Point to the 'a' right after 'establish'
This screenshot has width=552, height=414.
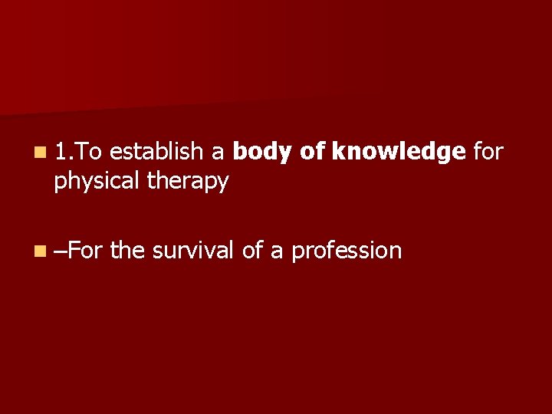(x=218, y=154)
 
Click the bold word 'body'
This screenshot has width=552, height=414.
(x=261, y=153)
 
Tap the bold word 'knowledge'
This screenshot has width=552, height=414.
(x=399, y=153)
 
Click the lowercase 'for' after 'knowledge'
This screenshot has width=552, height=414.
(x=488, y=153)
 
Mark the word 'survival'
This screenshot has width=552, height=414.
(x=194, y=250)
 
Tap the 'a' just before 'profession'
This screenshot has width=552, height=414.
(x=277, y=251)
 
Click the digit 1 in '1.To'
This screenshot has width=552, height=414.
(x=61, y=153)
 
